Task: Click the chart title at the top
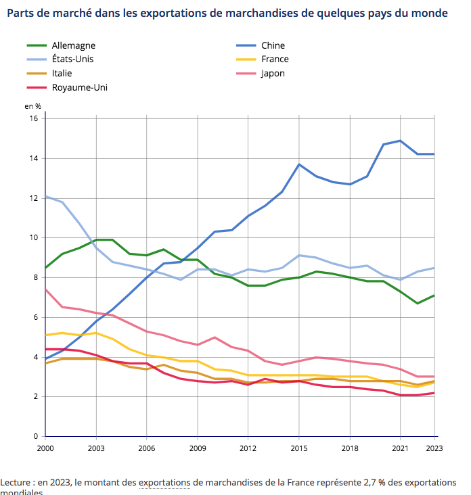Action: pos(227,13)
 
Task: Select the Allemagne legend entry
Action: pos(73,45)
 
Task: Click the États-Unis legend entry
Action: pos(73,59)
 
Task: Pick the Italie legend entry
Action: pos(62,73)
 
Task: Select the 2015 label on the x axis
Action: pos(299,448)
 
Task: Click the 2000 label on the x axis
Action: pos(45,448)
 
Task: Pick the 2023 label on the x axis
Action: pos(434,448)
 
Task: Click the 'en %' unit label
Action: pos(33,106)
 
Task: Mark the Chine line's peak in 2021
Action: pos(401,141)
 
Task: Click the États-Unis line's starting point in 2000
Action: pos(45,196)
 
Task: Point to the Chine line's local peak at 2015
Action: pos(299,164)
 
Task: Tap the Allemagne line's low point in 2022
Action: pos(418,303)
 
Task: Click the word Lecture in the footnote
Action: pos(16,482)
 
